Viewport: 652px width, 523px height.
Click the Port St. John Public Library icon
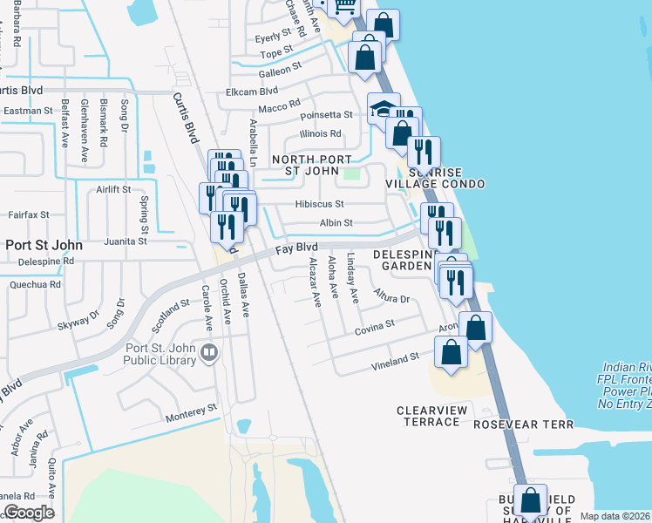(x=208, y=353)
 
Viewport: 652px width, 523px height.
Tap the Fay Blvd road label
(x=295, y=249)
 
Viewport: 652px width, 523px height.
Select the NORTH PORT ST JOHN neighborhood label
(x=311, y=165)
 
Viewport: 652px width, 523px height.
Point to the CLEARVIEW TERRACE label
(x=427, y=416)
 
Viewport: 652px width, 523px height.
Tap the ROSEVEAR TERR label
(x=524, y=425)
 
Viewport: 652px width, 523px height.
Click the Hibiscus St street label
(x=320, y=204)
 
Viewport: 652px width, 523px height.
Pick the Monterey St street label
(x=192, y=408)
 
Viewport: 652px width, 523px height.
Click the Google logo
(x=29, y=513)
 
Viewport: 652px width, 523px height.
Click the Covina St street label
(x=375, y=327)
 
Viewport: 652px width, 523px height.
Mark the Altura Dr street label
(x=391, y=298)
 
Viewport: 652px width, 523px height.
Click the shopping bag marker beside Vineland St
(x=451, y=353)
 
